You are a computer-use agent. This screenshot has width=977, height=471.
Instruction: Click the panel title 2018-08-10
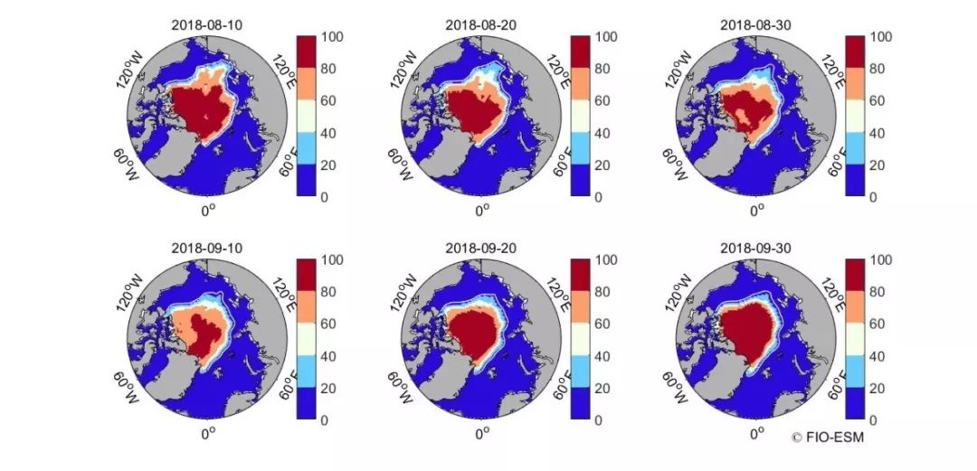207,24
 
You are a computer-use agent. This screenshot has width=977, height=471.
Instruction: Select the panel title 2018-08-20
481,24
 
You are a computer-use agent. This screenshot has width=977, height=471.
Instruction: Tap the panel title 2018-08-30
755,24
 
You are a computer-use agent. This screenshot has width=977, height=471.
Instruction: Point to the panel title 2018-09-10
207,247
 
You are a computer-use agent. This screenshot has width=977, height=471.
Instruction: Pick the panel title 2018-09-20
481,247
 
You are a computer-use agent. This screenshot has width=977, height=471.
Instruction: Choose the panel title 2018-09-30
755,247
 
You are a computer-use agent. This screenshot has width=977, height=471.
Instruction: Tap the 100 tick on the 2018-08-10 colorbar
334,37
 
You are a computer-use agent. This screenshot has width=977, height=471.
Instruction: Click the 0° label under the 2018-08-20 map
481,209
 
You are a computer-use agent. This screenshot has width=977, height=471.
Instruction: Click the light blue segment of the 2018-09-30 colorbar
856,372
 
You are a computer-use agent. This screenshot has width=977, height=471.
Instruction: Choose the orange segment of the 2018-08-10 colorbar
308,84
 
